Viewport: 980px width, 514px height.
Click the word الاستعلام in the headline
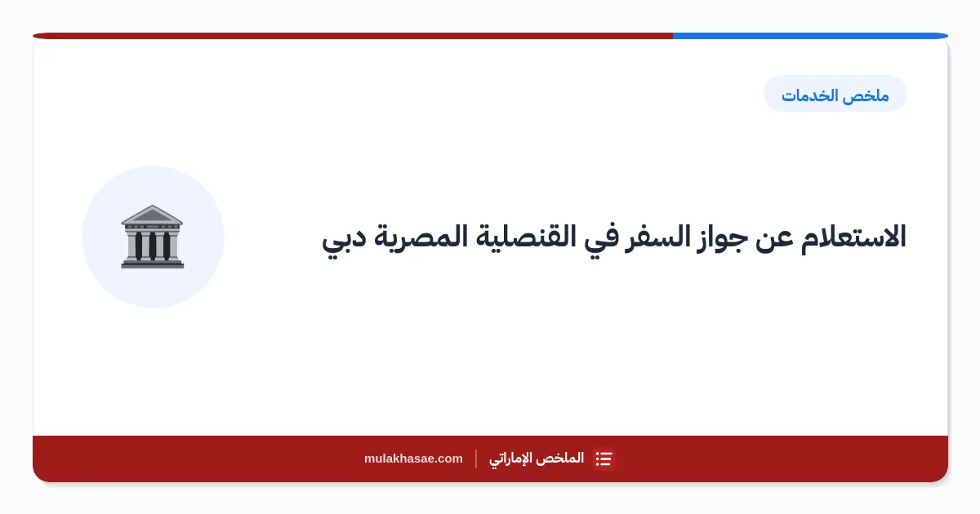click(853, 237)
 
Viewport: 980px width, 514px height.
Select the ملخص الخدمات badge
click(835, 94)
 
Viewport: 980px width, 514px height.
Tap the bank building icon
click(152, 237)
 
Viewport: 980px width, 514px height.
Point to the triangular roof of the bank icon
click(152, 215)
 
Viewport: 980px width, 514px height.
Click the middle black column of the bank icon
click(152, 246)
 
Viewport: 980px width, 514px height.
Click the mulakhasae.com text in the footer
click(413, 459)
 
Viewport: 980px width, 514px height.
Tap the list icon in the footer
click(604, 459)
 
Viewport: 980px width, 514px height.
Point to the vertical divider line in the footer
click(476, 459)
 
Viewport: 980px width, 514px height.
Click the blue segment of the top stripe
click(810, 36)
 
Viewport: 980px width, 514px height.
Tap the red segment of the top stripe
click(353, 36)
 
